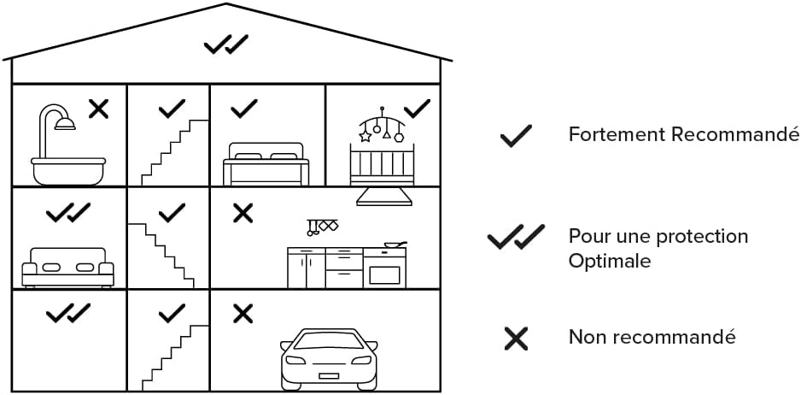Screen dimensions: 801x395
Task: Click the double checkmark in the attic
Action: tap(226, 44)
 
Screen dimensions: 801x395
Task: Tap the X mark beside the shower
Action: tap(98, 109)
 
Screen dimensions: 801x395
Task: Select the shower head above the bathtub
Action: tap(66, 124)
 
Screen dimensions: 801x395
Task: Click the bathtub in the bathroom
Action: tap(68, 171)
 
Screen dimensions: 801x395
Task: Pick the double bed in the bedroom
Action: tap(266, 164)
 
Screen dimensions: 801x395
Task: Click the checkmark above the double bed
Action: tap(244, 109)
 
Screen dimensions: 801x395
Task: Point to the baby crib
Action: tap(382, 164)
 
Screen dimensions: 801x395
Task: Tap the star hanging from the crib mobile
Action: tap(365, 137)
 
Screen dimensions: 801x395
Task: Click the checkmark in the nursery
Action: tap(417, 109)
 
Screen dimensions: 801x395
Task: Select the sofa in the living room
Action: tap(68, 267)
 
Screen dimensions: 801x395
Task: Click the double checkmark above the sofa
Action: tap(68, 212)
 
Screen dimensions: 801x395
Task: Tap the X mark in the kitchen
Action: tap(243, 213)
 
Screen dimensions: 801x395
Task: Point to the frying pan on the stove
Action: tap(395, 245)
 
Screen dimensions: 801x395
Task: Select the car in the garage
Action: tap(329, 359)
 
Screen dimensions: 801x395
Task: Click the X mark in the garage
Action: tap(243, 314)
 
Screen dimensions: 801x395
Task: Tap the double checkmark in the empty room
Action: tap(68, 313)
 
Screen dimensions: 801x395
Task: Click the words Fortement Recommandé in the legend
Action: tap(684, 134)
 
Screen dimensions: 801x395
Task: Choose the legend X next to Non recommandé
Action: tap(516, 339)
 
